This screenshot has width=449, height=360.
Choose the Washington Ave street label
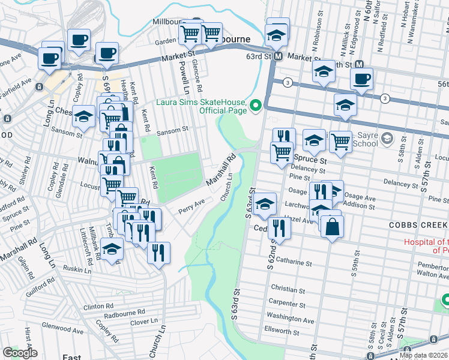[291, 320]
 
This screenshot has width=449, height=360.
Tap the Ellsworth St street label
[282, 331]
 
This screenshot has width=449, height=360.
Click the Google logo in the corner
[19, 353]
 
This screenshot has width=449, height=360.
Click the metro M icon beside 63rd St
[279, 56]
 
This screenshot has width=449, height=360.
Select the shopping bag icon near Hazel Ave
[331, 227]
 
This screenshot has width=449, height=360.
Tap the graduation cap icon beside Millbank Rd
[112, 250]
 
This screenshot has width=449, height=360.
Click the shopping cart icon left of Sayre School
[340, 142]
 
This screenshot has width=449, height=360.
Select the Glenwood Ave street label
[62, 329]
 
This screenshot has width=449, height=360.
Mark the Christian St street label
[284, 289]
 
